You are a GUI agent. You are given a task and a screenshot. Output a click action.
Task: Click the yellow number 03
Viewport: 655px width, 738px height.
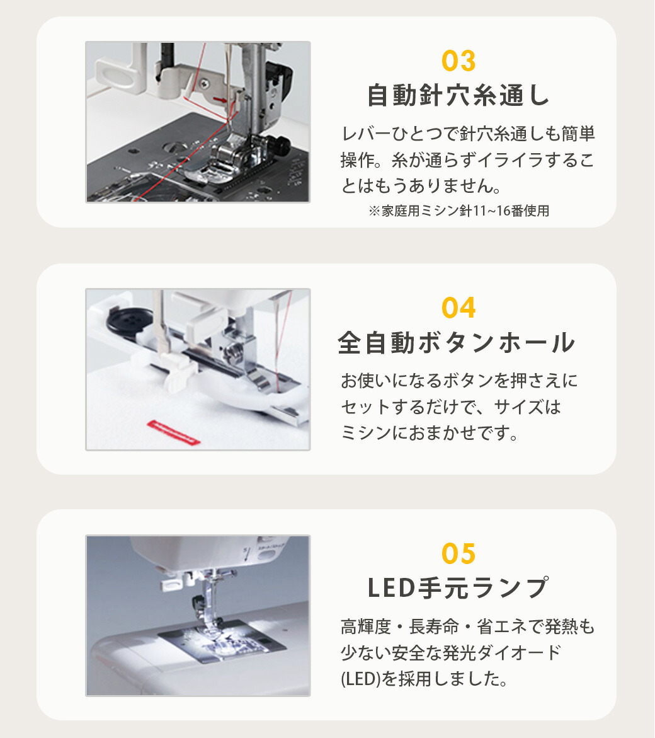(x=458, y=61)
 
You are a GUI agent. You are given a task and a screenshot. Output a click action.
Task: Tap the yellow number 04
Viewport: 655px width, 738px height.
(x=458, y=308)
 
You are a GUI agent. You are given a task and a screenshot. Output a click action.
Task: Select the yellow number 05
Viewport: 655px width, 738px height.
(x=458, y=553)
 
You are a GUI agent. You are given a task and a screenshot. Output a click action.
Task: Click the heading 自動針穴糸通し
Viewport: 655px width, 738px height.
(x=458, y=95)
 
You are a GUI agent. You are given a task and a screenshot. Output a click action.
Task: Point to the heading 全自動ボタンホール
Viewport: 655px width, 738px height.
(x=457, y=342)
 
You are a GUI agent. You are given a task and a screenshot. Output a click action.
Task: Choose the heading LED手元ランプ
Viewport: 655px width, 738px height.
(x=458, y=588)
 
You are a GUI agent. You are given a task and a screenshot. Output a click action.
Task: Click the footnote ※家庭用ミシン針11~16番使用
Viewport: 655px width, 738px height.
(x=459, y=210)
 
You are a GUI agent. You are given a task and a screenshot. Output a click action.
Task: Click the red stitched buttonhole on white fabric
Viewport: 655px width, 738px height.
(x=173, y=432)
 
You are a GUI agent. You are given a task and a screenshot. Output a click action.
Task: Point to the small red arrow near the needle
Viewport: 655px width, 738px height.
(x=220, y=100)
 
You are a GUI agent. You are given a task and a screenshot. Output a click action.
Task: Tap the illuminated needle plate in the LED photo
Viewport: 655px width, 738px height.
(x=221, y=642)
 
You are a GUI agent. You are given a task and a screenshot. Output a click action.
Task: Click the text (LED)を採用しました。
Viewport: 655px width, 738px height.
(x=424, y=678)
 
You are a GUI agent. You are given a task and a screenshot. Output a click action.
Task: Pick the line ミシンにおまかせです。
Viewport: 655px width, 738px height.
(x=429, y=432)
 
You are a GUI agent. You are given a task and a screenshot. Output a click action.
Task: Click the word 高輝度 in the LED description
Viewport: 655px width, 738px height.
(x=366, y=626)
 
